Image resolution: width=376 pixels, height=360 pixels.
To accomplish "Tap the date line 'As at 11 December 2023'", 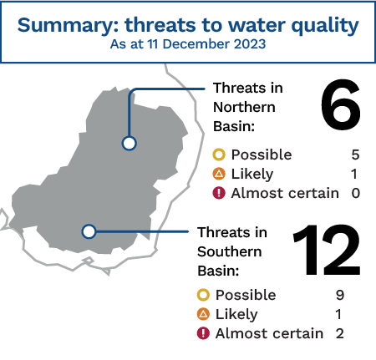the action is coord(188,44).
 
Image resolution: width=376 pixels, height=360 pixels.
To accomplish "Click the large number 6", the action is coord(340,104).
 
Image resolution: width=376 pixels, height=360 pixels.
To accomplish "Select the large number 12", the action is coord(327,250).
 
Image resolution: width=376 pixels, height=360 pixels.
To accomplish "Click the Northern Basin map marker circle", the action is coord(129,144).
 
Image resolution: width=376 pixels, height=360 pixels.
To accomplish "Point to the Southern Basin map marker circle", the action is coord(89,231).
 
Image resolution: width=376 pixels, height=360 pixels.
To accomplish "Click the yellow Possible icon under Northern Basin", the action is coord(219,155).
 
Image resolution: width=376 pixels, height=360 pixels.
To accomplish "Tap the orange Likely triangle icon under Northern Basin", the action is coord(219,174).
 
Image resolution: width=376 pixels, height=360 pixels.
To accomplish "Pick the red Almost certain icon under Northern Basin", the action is coord(219,193).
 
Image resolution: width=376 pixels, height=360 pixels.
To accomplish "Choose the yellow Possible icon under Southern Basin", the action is coord(203,295).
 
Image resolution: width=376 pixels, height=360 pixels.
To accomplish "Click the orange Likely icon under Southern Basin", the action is coord(203,314).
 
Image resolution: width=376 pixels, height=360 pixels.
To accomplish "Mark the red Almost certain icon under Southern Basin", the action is coord(203,333).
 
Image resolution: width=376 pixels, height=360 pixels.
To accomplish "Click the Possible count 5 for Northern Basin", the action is coord(355,155).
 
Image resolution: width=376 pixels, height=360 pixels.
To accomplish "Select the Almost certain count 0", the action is coord(356,193).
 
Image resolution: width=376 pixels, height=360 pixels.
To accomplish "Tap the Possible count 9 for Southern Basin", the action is coord(340,295).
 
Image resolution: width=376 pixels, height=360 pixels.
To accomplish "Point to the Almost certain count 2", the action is coord(340,333).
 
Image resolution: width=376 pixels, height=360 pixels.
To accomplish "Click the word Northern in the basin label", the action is coord(244,107).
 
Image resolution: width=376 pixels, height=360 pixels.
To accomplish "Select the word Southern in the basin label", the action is coord(230,251).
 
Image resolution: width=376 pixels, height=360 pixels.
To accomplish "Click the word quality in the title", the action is coord(325,26).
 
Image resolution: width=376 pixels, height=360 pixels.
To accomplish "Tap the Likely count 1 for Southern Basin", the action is coord(338,314).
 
